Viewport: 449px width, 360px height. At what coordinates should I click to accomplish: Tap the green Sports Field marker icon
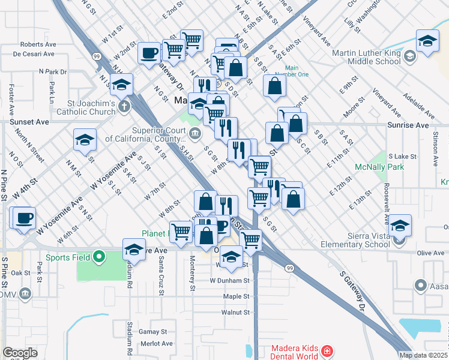pos(100,257)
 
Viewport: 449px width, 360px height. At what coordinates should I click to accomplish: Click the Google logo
pos(20,353)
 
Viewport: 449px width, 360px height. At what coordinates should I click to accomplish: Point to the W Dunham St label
pos(229,280)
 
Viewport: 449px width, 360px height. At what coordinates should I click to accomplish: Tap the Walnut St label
pos(235,313)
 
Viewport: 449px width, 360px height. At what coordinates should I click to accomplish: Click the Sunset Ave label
pos(29,121)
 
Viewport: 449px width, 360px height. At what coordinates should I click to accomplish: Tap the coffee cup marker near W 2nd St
pos(149,52)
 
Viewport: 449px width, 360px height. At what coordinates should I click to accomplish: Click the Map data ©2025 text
pos(423,355)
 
